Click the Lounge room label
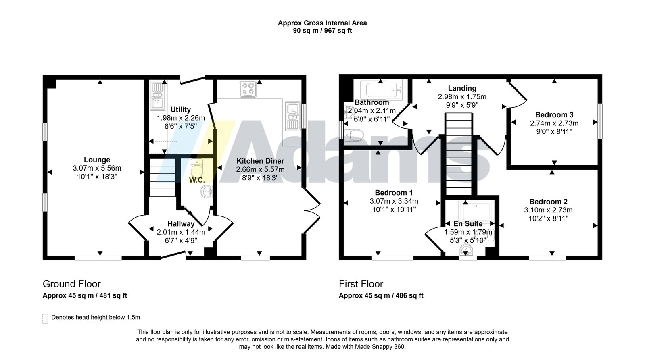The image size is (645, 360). click(97, 160)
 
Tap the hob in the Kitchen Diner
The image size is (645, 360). click(248, 89)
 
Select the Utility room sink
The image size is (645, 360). click(157, 96)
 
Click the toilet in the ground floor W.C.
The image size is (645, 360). click(197, 168)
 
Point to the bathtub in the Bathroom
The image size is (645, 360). click(381, 90)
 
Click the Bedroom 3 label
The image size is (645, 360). click(554, 115)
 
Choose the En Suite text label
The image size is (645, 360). click(468, 224)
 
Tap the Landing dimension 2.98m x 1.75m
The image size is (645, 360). click(462, 97)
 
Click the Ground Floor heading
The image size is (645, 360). click(72, 284)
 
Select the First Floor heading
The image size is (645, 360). click(361, 284)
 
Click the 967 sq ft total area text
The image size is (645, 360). click(338, 31)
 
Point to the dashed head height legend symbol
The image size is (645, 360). click(45, 319)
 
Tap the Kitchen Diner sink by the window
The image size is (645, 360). click(293, 116)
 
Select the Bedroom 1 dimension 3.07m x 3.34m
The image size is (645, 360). click(394, 201)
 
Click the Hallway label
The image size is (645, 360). click(181, 224)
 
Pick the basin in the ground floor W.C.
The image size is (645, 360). click(207, 191)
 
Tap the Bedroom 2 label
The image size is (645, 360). click(548, 202)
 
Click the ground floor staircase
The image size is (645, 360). click(163, 177)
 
